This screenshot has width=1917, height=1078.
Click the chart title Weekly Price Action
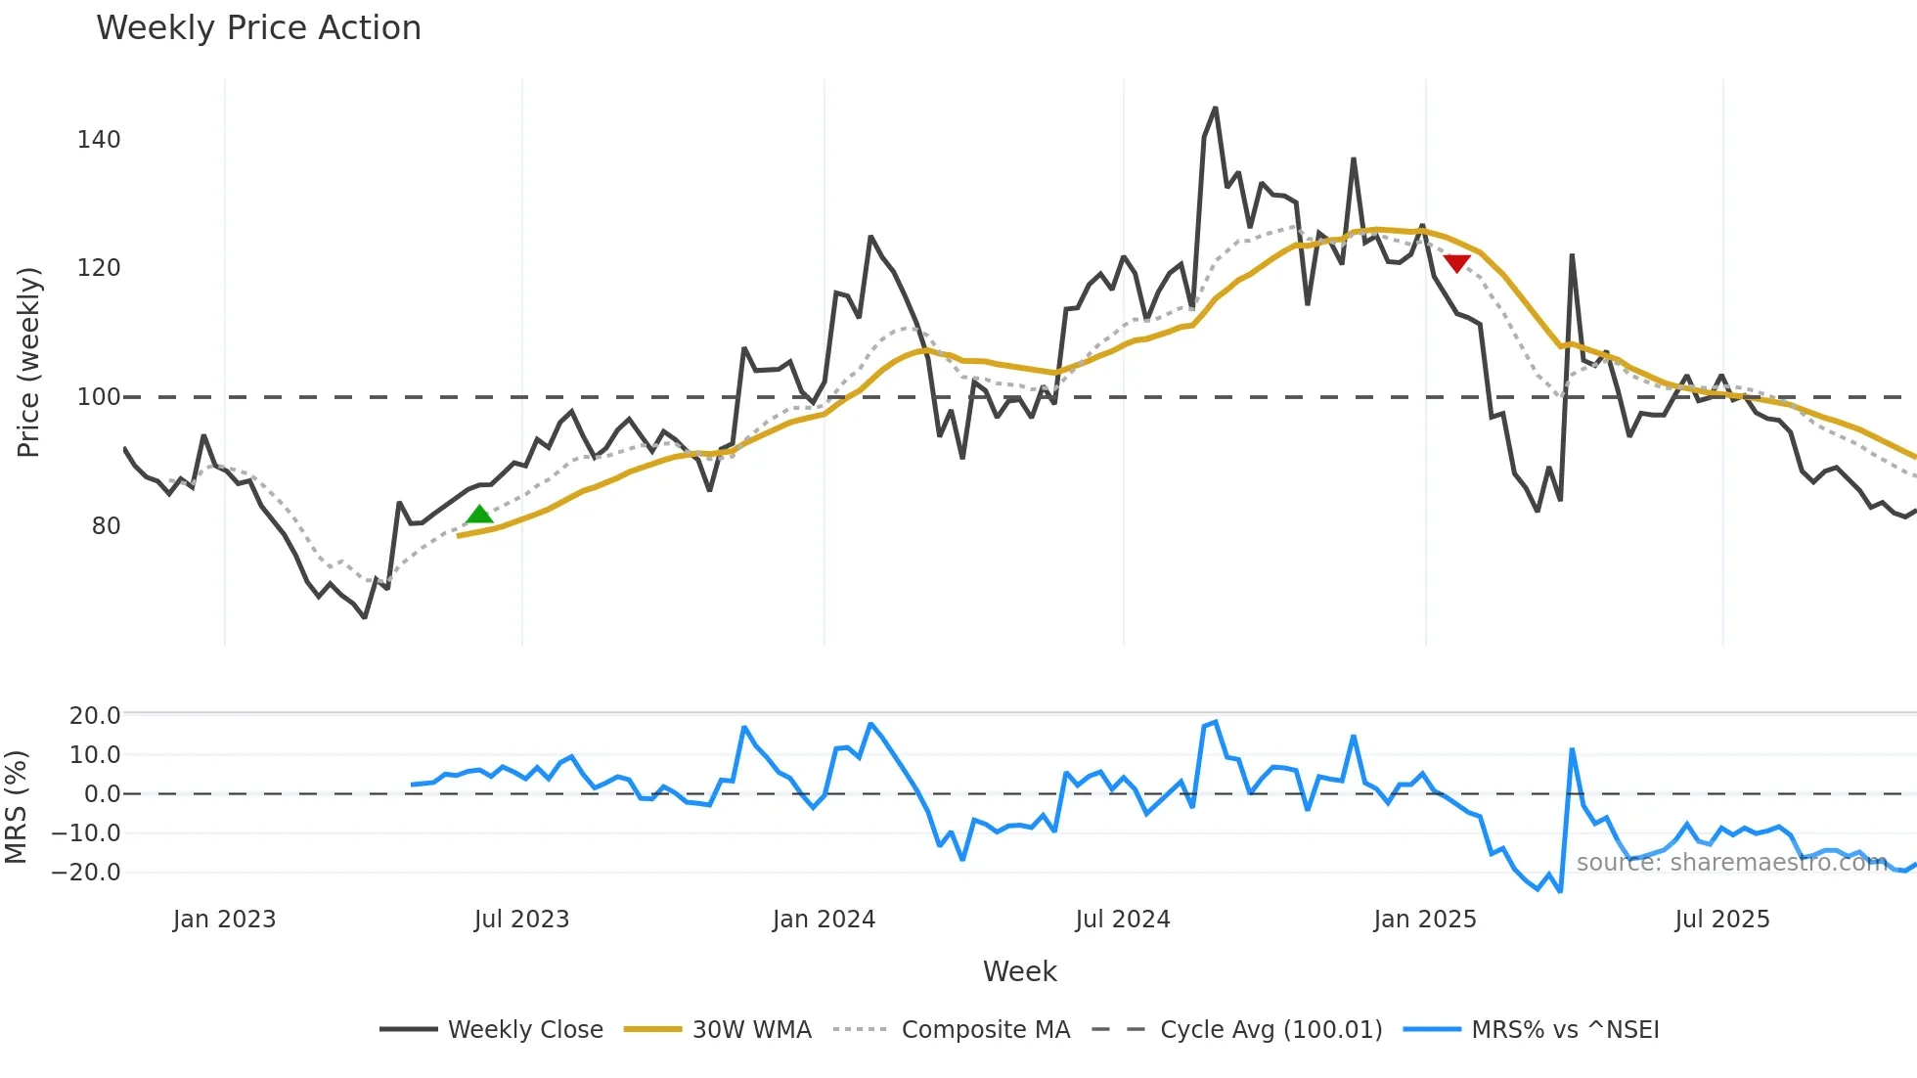tap(258, 28)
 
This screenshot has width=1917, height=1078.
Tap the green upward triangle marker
tap(479, 515)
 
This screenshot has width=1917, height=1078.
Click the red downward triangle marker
tap(1456, 263)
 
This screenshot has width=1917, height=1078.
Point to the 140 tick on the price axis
tap(99, 140)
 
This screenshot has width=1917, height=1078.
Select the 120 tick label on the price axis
tap(99, 268)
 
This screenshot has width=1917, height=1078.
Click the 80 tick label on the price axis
tap(106, 526)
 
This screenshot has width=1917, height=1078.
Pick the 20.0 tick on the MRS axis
tap(95, 715)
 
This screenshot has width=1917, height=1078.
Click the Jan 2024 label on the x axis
tap(824, 920)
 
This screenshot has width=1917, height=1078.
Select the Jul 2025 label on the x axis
tap(1721, 920)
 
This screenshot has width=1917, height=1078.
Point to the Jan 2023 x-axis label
tap(224, 920)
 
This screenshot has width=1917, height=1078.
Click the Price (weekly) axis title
tap(28, 362)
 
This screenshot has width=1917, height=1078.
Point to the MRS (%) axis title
tap(16, 807)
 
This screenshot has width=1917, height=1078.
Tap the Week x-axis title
tap(1019, 971)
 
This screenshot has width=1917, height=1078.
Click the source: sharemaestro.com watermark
tap(1731, 862)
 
